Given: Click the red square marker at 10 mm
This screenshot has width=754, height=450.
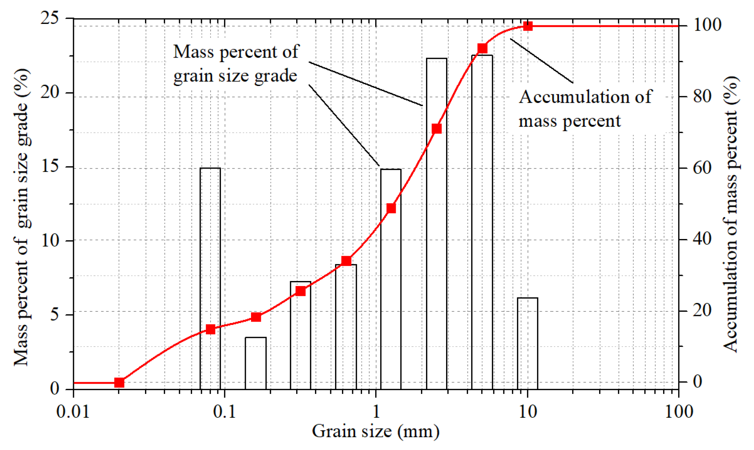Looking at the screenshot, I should click(528, 26).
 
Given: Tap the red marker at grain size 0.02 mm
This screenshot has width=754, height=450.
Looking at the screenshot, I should click(119, 383).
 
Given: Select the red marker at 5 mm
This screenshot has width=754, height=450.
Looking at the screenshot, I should click(482, 48).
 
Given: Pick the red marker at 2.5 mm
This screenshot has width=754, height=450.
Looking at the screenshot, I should click(437, 129).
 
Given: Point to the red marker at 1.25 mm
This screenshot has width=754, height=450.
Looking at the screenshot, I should click(391, 208).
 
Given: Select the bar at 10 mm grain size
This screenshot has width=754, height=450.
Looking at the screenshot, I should click(528, 343).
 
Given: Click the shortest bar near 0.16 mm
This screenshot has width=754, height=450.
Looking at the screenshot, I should click(256, 363).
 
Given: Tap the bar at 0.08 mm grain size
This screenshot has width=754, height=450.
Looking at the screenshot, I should click(210, 278).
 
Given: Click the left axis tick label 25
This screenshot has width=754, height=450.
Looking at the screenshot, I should click(50, 18).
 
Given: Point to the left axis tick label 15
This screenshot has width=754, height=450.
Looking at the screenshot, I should click(50, 167).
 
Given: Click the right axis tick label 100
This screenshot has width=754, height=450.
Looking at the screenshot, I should click(707, 25).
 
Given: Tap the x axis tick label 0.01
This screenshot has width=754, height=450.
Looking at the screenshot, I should click(73, 411).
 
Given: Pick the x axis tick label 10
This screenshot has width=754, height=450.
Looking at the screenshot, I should click(528, 411).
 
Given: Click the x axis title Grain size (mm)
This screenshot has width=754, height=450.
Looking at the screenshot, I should click(376, 431).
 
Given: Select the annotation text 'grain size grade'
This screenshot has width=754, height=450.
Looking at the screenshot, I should click(235, 76).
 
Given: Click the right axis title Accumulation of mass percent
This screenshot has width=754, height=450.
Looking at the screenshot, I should click(731, 214).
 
